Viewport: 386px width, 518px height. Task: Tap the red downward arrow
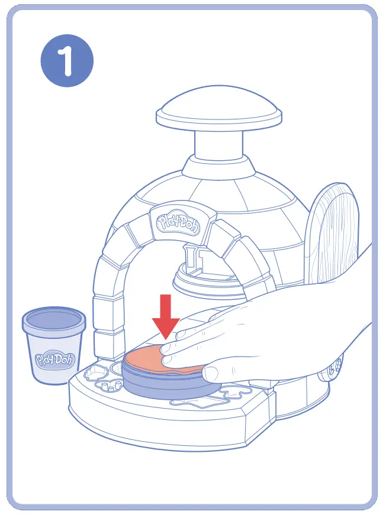(166, 316)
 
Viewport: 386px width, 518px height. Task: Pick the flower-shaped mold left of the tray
(96, 375)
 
